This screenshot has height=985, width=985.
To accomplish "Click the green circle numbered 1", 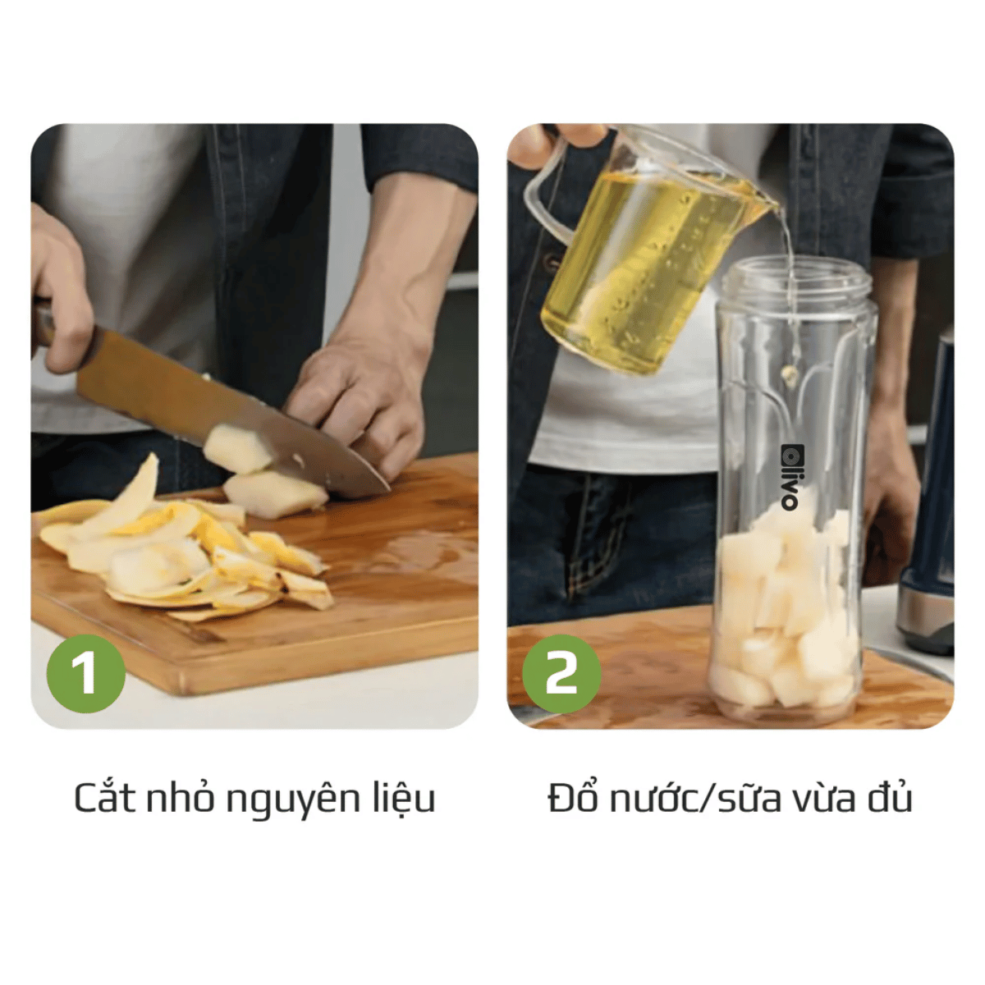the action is click(x=86, y=674).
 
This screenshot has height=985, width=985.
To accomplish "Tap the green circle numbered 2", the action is click(x=561, y=674).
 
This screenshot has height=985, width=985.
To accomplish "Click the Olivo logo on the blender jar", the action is click(x=789, y=477).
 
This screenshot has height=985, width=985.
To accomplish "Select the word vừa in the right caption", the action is click(x=824, y=799).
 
